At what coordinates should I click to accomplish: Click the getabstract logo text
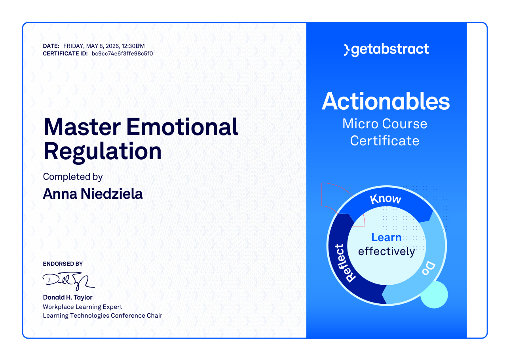point(386,50)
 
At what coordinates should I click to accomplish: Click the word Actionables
point(386,101)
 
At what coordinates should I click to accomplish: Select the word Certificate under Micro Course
point(384,141)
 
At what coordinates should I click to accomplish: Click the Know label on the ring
point(386,199)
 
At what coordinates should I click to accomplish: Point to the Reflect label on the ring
point(345,263)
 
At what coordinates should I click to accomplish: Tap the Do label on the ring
point(429,269)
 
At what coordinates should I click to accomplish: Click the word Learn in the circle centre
point(386,238)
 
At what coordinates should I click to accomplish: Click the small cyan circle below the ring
point(434,295)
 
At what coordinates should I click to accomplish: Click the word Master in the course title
point(82,127)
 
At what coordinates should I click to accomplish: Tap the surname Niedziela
point(112,194)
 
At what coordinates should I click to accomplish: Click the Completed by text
point(73,177)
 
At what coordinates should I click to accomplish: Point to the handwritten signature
point(68,281)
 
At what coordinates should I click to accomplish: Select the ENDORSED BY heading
point(63,264)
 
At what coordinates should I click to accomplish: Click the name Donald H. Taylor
point(68,297)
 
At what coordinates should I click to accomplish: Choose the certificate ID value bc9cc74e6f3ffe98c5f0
point(122,54)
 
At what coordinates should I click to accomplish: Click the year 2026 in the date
point(112,46)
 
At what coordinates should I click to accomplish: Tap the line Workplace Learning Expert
point(82,307)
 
